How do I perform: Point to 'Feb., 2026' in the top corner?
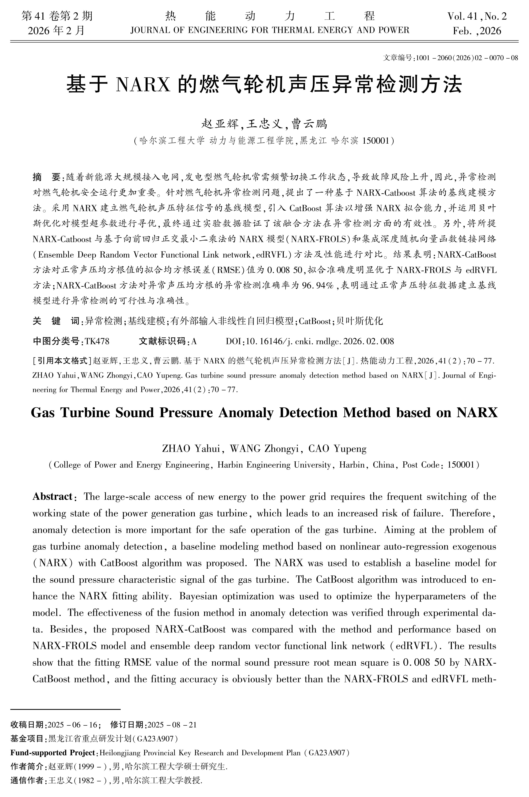(x=477, y=31)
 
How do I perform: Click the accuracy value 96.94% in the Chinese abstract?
(x=318, y=285)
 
